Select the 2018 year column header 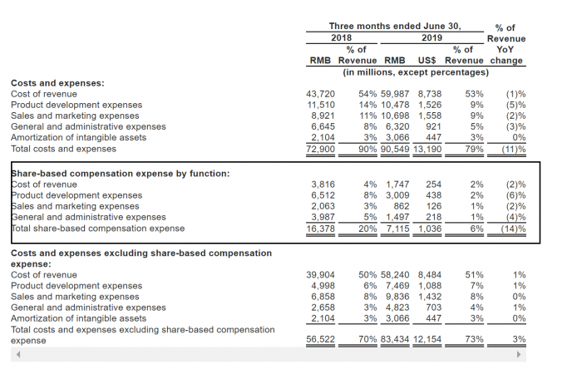pos(342,37)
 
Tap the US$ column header pos(430,61)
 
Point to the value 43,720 pos(322,94)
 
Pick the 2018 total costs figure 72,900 pos(322,149)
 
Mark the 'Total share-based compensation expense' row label pos(97,228)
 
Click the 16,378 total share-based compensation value pos(322,228)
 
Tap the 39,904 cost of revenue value pos(322,274)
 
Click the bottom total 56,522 pos(322,339)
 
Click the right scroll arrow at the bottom pos(520,354)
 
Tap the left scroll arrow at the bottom pos(16,354)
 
